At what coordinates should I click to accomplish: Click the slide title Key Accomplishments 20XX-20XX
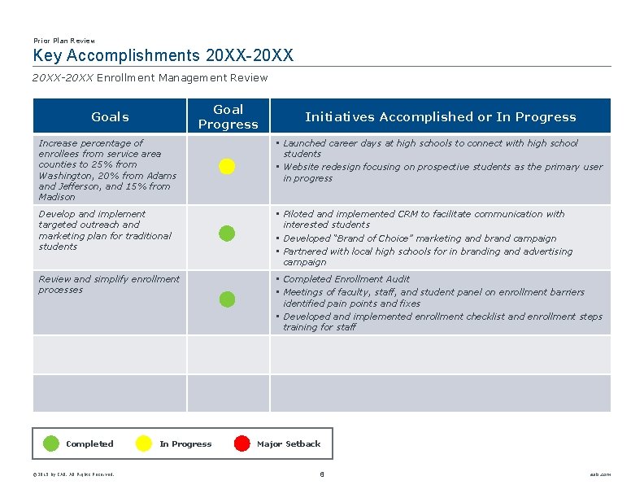point(163,56)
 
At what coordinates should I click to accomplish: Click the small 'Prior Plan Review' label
point(64,41)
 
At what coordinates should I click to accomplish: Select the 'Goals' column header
point(110,116)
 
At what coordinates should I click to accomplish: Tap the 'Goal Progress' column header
point(228,116)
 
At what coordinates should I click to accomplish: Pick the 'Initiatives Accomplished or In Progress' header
point(440,116)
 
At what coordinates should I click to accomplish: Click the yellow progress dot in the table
point(227,167)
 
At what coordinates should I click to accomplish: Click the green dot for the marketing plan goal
point(227,234)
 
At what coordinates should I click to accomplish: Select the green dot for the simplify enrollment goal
point(227,299)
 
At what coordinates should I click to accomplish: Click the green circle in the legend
point(50,443)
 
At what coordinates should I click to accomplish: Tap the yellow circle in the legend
point(143,443)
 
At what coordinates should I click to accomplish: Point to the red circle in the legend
point(241,443)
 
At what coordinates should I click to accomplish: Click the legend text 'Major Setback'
point(289,444)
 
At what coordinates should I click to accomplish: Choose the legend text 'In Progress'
point(185,444)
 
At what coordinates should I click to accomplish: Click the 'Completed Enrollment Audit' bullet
point(346,279)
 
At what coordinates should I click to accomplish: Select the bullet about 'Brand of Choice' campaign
point(420,238)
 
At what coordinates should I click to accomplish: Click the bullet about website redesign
point(442,172)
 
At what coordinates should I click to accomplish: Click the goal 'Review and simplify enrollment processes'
point(109,284)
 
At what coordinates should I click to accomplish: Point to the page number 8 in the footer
point(322,474)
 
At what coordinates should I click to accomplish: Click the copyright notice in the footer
point(73,474)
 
